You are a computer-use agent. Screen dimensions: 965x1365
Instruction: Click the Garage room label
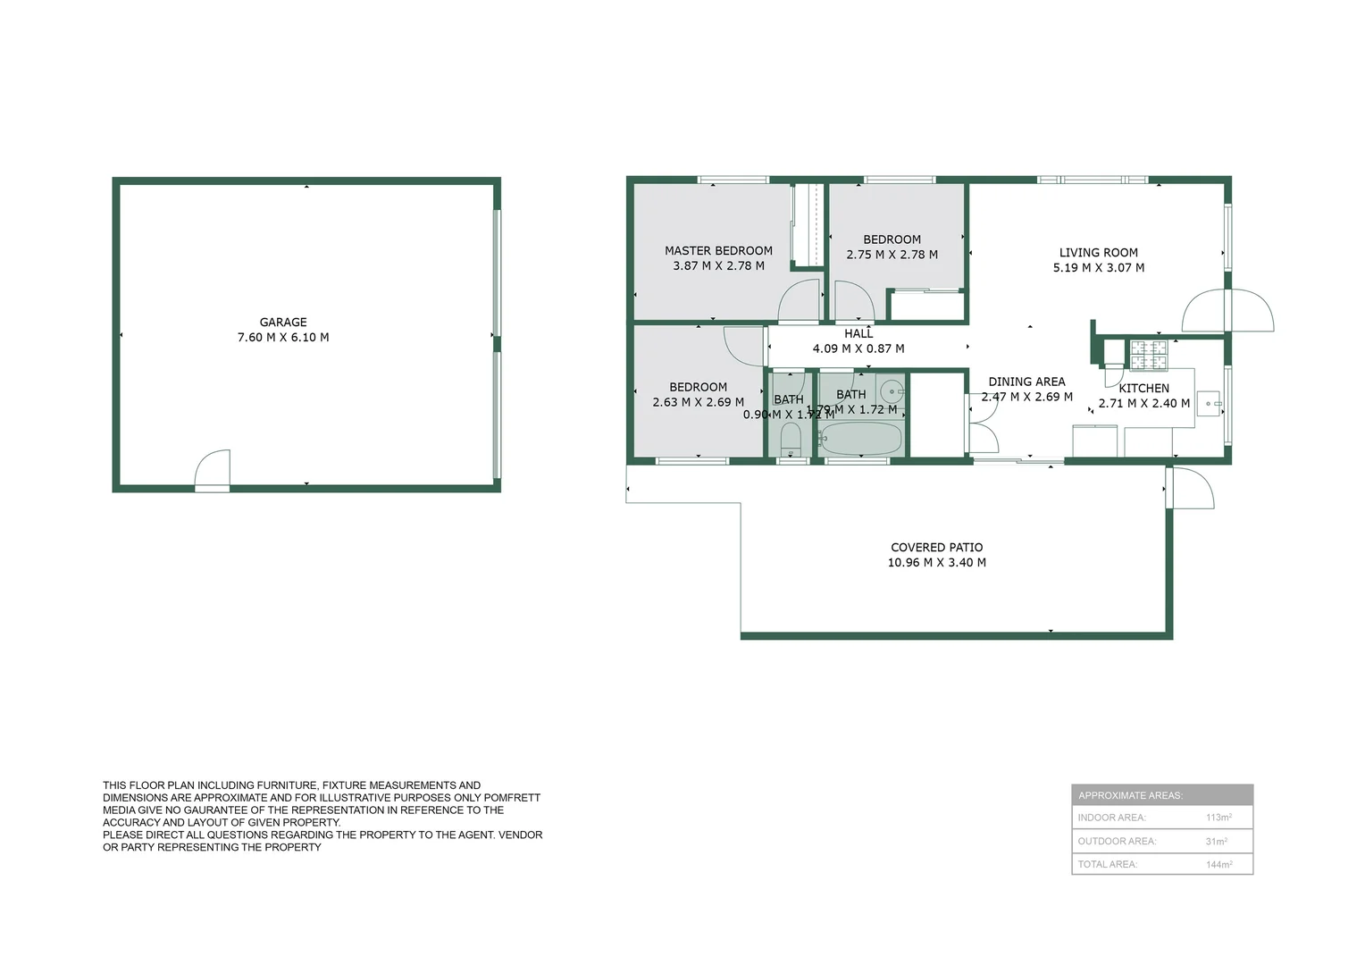[283, 323]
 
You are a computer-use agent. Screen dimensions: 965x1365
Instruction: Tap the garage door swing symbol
[214, 468]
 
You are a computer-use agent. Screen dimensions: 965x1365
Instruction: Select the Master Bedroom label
[718, 251]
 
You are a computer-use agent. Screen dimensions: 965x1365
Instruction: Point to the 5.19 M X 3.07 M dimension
[1098, 268]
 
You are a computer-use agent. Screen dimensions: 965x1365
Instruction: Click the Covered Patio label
[936, 548]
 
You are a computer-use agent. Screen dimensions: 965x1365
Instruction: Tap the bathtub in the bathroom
[860, 439]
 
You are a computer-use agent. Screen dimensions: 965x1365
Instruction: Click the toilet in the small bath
[790, 440]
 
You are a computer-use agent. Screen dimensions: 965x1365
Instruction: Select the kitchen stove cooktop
[1148, 356]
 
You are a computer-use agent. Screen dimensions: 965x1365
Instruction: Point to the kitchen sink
[1208, 404]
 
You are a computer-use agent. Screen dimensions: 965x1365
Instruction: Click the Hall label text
[858, 334]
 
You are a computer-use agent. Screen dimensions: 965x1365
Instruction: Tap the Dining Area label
[1026, 382]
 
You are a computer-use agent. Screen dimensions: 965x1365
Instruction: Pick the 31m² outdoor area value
[1216, 842]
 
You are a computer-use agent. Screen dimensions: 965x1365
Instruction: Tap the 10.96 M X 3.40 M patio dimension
[936, 563]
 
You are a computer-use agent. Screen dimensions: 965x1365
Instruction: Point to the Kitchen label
[1143, 389]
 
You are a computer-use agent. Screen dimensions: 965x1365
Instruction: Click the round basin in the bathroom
[891, 391]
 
